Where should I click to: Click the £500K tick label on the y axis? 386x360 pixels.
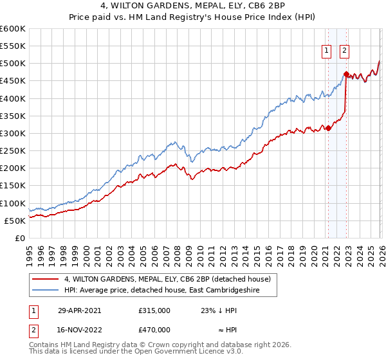pos(13,64)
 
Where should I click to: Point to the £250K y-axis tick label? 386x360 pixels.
pos(13,151)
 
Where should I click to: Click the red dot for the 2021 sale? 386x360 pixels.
pos(328,128)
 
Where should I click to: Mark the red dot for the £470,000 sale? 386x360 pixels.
pos(346,74)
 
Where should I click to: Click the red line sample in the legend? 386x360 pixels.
pos(46,279)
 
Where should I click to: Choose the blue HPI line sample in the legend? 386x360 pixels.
pos(46,290)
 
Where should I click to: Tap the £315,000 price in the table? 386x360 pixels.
pos(154,310)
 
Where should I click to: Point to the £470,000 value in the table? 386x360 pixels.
pos(154,329)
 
